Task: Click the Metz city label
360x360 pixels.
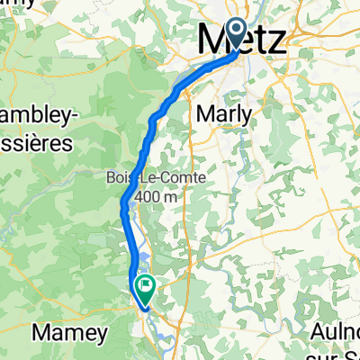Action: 242,42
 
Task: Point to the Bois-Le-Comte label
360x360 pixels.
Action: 154,178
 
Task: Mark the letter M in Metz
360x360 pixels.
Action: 211,42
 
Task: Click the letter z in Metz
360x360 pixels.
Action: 274,42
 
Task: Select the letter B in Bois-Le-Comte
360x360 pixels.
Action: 109,178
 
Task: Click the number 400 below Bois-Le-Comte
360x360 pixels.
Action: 147,195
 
